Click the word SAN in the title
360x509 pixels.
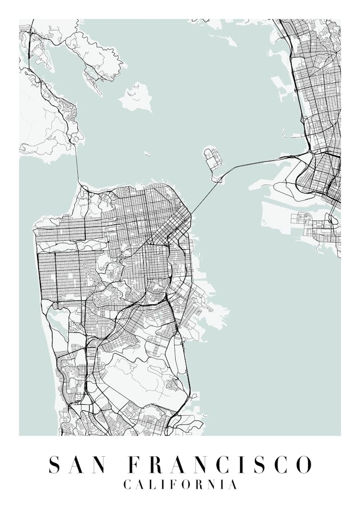click(77, 464)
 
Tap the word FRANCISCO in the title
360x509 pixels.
click(219, 464)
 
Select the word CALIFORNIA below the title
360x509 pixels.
click(180, 485)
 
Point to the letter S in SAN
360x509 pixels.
click(53, 464)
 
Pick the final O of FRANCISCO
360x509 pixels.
click(304, 464)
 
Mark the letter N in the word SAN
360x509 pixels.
click(100, 464)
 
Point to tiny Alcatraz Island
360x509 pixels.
click(147, 153)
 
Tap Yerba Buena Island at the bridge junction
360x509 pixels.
click(218, 178)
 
